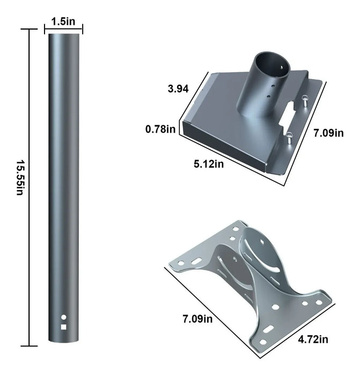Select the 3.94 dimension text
(x=178, y=89)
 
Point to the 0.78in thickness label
(x=160, y=129)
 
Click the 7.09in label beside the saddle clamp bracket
(x=197, y=320)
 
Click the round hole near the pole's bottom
(x=64, y=317)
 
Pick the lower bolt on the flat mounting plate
(x=288, y=138)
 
